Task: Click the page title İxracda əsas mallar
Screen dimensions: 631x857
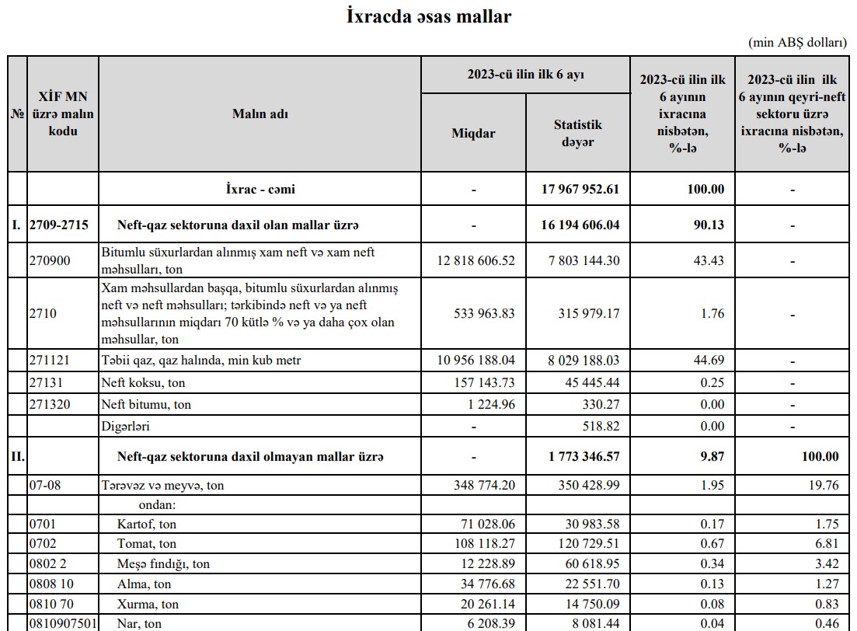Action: coord(428,16)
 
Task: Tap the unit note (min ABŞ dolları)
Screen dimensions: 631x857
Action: coord(797,43)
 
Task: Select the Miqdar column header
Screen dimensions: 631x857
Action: coord(473,133)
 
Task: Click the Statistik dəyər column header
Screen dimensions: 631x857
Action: coord(577,133)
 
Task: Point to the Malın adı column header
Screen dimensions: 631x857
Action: coord(260,113)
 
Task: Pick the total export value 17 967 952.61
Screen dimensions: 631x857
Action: coord(579,189)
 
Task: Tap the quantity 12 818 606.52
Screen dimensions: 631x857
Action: coord(476,260)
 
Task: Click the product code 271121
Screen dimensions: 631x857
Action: coord(49,361)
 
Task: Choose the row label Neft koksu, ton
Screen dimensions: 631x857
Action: coord(144,382)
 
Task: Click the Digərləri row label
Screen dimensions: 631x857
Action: coord(126,427)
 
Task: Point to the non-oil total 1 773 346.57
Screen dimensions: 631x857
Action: coord(584,456)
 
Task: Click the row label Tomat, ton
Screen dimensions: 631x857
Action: coord(147,543)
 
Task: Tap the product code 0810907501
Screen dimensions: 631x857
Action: coord(61,623)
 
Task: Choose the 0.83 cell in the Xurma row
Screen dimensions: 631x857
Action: coord(826,604)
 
